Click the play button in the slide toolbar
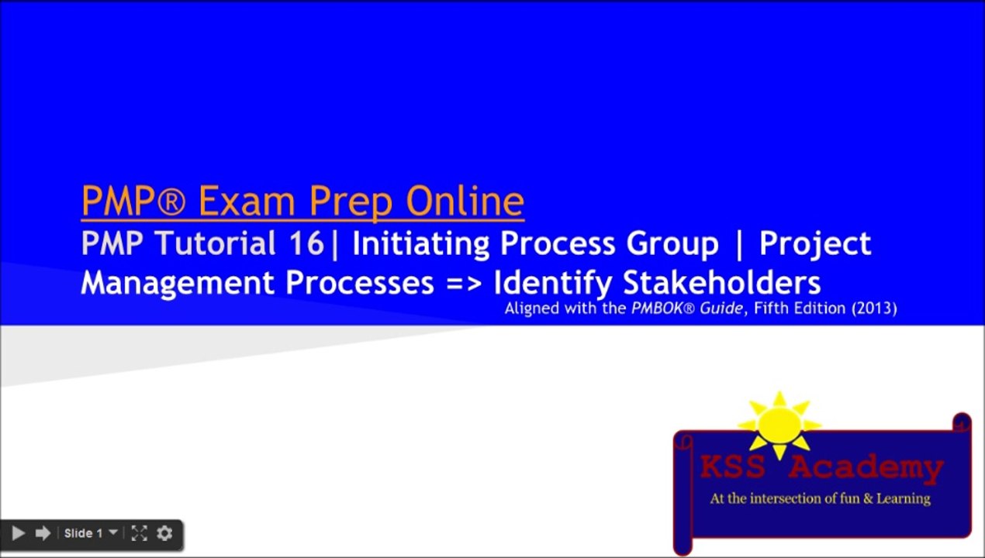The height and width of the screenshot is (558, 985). (x=19, y=533)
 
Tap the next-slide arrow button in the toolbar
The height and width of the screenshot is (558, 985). (x=43, y=533)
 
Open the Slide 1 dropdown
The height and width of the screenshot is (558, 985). (x=91, y=533)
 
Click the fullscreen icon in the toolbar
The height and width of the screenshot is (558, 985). (x=139, y=533)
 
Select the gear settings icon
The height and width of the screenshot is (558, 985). (x=164, y=533)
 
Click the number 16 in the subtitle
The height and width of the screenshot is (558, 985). (x=307, y=243)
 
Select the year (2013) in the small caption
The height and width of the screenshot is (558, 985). (x=873, y=308)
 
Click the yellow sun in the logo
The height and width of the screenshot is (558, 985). (x=779, y=425)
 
